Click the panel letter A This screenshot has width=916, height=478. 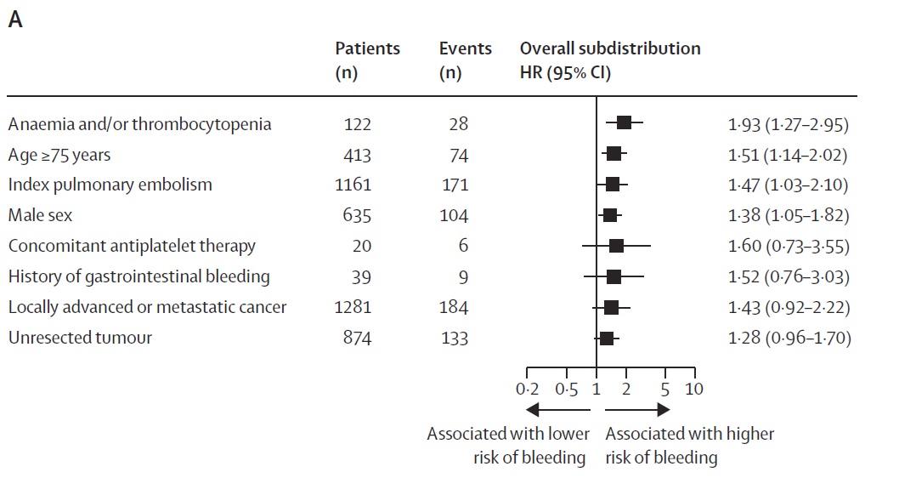click(15, 20)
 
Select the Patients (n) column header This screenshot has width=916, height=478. click(367, 60)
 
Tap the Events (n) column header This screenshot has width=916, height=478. click(465, 60)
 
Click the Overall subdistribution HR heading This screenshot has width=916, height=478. click(609, 60)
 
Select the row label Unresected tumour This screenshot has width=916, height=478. click(80, 338)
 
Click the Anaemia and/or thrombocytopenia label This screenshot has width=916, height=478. click(139, 124)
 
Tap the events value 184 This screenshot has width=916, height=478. click(455, 307)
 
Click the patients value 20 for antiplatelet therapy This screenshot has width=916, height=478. click(362, 246)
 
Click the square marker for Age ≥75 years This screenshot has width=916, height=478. click(613, 154)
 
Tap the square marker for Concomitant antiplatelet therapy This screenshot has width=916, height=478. click(616, 246)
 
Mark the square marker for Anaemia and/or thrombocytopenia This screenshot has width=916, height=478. click(624, 123)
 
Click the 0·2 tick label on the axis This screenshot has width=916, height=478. click(527, 389)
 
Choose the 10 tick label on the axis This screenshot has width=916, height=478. click(694, 389)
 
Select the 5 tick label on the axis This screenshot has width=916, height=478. click(664, 389)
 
